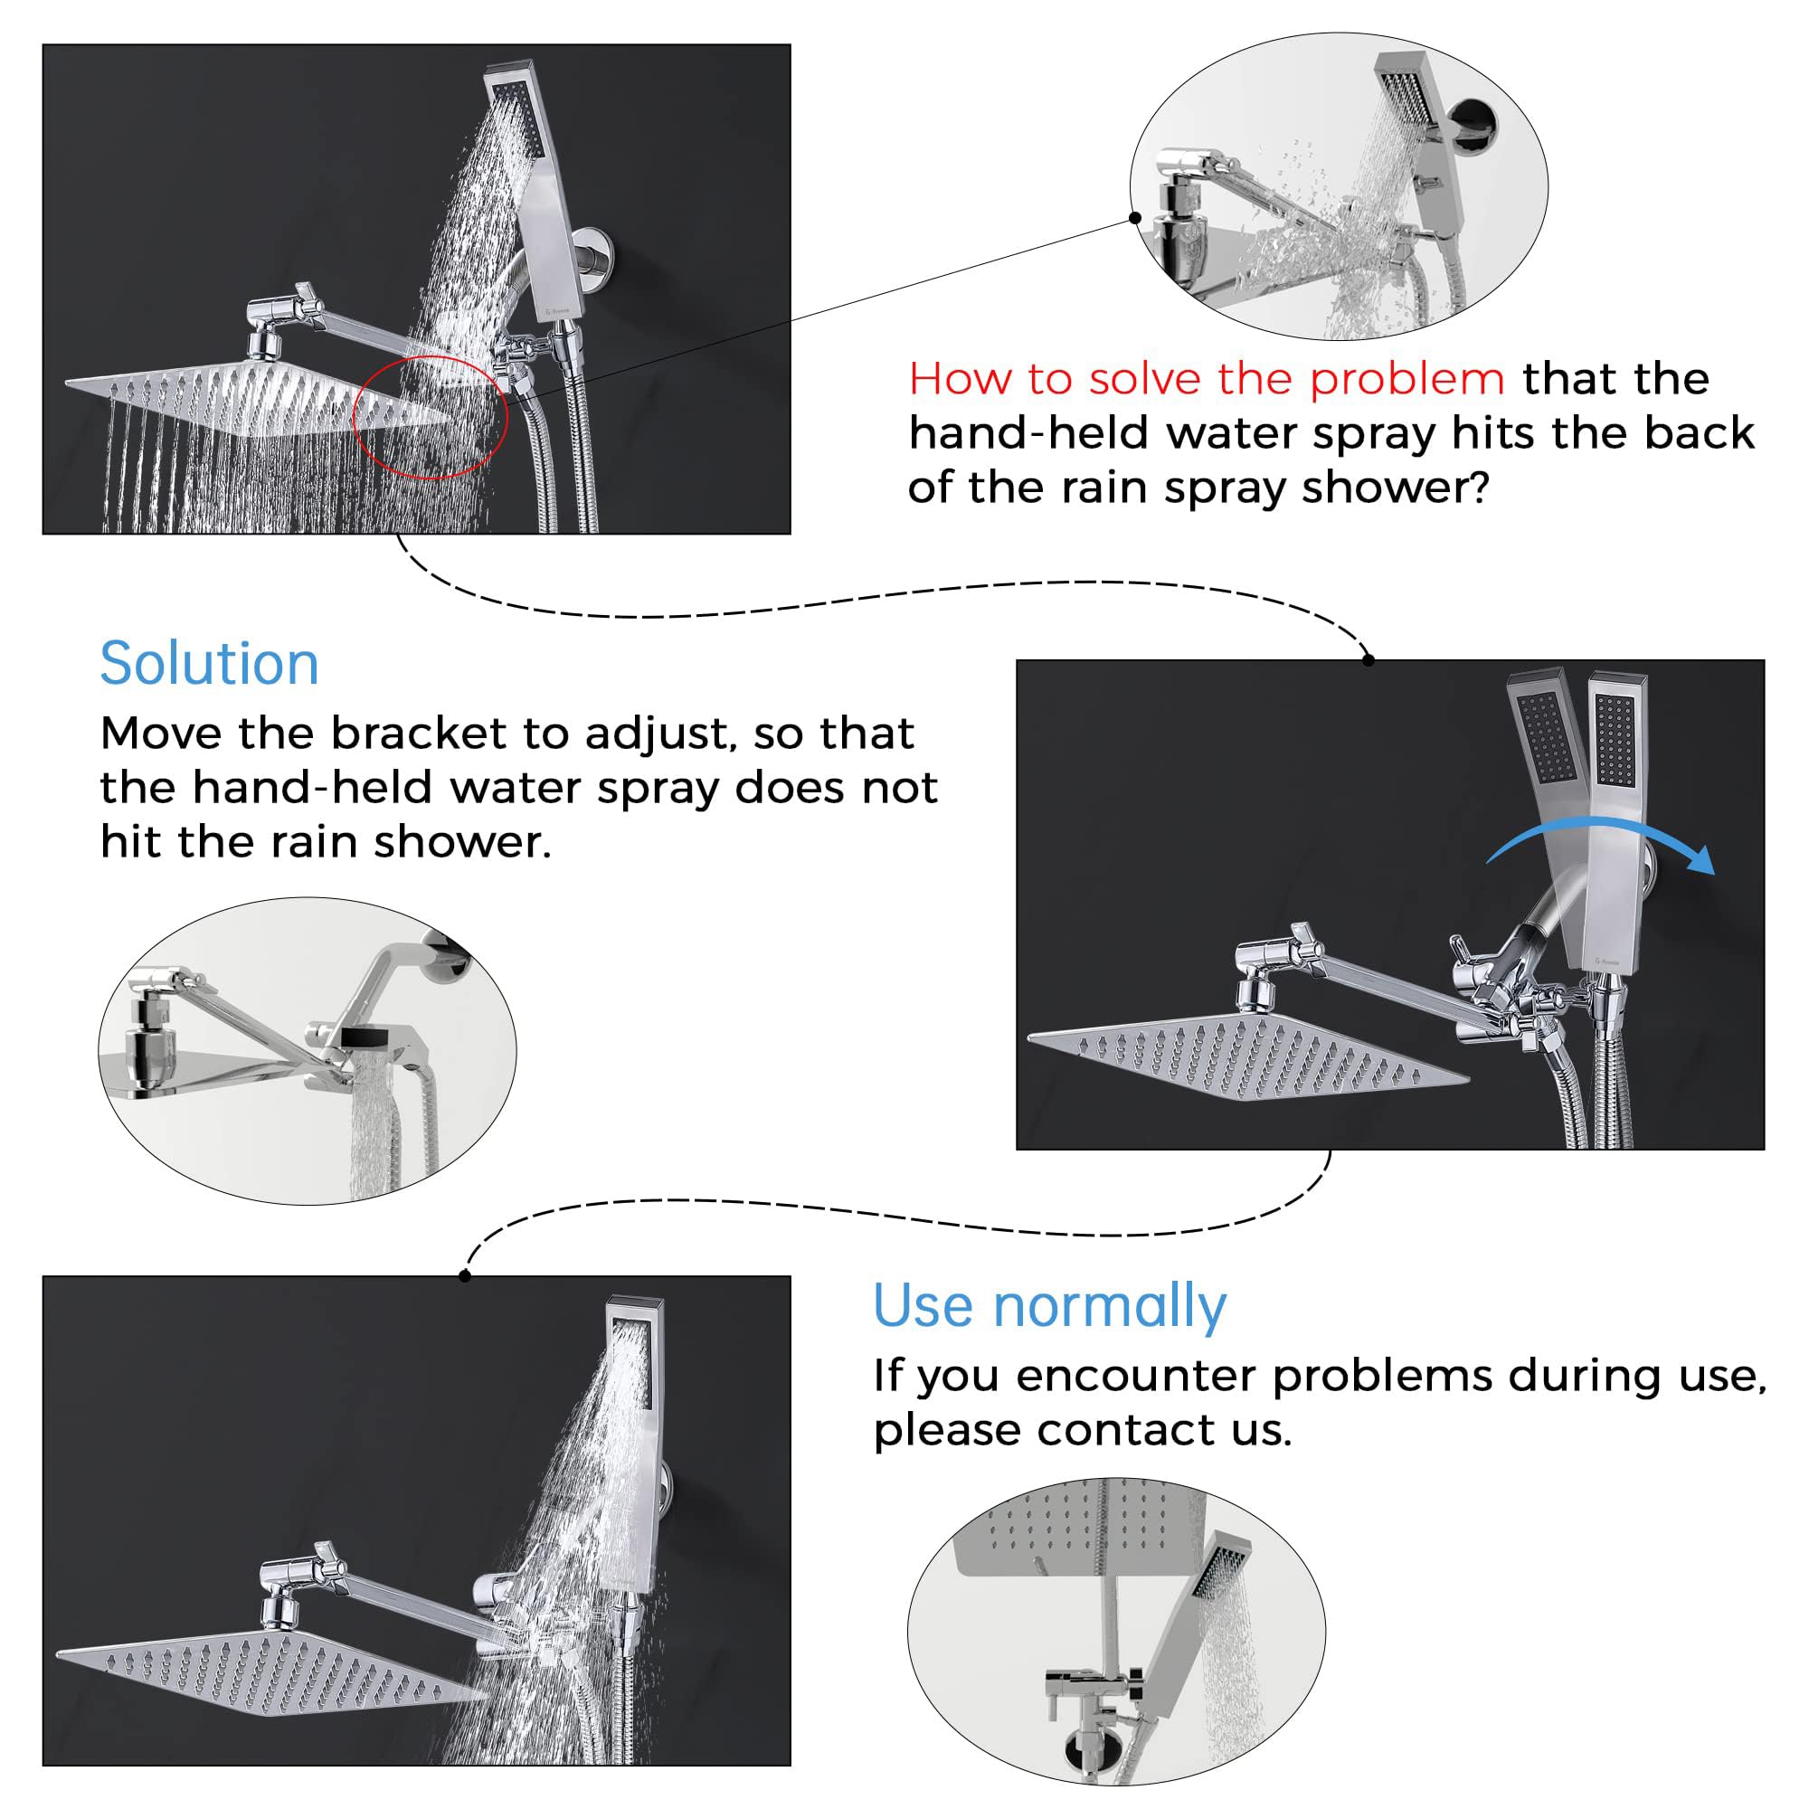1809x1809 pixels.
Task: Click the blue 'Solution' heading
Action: (209, 665)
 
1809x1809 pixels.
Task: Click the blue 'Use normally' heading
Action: (1048, 1306)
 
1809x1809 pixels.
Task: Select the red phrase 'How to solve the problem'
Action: (1206, 379)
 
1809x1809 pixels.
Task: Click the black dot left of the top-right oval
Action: (1135, 218)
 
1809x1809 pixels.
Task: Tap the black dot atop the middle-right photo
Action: (1369, 660)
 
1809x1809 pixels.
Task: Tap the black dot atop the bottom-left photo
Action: (465, 1276)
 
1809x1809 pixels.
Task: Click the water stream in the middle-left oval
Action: (373, 1133)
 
